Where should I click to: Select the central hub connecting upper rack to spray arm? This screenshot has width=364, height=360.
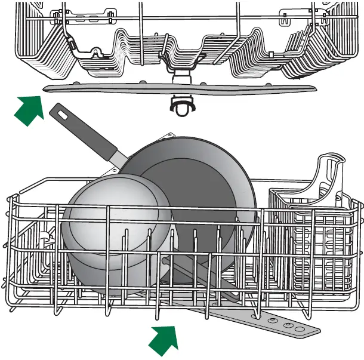tap(178, 78)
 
